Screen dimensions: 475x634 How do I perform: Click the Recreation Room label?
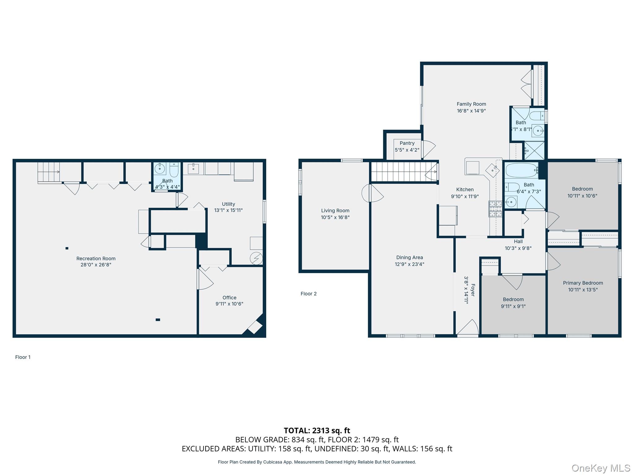(x=96, y=258)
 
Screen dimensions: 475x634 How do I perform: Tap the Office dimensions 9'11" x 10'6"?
(x=229, y=304)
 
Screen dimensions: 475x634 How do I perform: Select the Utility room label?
(x=228, y=204)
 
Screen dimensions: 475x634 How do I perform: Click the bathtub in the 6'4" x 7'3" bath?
(x=522, y=170)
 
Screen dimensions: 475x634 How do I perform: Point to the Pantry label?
(x=407, y=143)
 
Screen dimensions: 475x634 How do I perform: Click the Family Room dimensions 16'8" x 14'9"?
(x=471, y=111)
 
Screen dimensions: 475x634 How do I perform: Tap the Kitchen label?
(x=465, y=190)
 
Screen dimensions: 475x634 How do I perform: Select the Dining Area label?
(x=409, y=257)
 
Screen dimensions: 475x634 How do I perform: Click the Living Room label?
(x=335, y=211)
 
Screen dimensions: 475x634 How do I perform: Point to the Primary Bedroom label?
(x=583, y=283)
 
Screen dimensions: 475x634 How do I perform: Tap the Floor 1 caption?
(x=23, y=357)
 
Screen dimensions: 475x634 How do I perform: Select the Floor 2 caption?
(x=308, y=294)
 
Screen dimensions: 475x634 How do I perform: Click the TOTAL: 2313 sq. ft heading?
(x=317, y=430)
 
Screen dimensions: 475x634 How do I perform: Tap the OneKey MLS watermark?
(x=601, y=468)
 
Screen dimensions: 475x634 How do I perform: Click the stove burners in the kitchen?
(x=495, y=208)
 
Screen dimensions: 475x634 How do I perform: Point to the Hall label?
(x=518, y=242)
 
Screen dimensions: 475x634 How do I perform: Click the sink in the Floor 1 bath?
(x=160, y=169)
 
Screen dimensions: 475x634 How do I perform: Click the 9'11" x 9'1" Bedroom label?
(x=513, y=299)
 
